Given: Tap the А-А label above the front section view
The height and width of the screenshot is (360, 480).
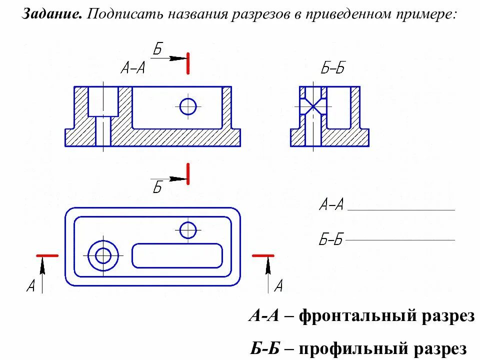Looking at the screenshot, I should [132, 68].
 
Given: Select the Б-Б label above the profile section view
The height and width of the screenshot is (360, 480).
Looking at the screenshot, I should [332, 68].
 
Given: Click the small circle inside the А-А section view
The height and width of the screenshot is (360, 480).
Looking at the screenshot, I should [188, 106].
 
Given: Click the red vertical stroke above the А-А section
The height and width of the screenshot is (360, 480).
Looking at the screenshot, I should [187, 63].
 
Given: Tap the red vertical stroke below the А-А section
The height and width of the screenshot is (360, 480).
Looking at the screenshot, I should [187, 173].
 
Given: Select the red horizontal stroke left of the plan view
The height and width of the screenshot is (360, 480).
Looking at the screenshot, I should [47, 255].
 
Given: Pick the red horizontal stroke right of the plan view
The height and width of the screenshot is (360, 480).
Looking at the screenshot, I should [263, 255].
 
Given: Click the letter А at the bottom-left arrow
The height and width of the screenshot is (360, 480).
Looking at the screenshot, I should [31, 286].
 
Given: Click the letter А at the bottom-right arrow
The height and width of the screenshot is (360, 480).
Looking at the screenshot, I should [278, 286].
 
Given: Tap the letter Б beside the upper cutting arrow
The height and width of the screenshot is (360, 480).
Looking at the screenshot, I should [157, 49].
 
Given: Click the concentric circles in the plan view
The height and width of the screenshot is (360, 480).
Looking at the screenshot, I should [103, 255].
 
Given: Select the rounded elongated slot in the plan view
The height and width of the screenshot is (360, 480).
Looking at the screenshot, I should [177, 255].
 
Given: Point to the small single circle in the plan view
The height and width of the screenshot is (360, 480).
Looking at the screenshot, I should [188, 230].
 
